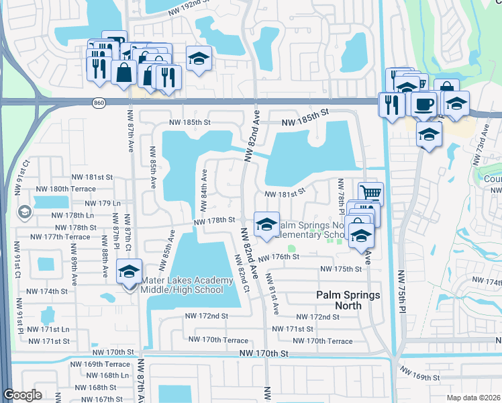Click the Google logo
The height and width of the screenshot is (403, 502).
[22, 395]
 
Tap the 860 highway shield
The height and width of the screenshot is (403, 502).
[99, 101]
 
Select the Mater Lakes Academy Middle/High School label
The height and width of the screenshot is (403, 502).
[182, 285]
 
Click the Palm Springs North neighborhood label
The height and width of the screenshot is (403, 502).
[348, 300]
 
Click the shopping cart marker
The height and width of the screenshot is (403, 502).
[370, 193]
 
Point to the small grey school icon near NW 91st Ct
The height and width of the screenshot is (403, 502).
[25, 212]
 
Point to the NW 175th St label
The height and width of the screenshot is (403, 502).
[341, 269]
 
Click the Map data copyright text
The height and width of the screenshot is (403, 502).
[473, 398]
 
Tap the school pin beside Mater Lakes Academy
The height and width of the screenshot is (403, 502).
[130, 271]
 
